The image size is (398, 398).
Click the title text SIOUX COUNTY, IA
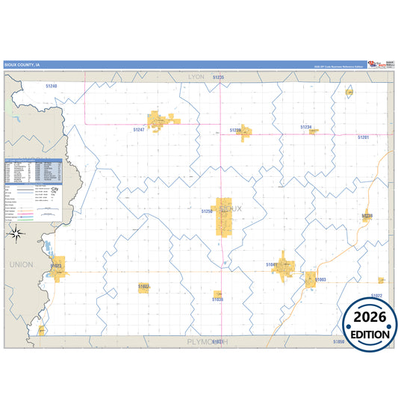pos(22,65)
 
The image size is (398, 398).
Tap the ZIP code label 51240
pos(51,87)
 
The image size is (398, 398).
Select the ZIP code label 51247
pos(139,129)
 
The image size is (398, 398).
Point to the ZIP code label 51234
pos(306,128)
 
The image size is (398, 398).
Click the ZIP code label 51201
pos(363,137)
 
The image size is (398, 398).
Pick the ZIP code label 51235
pos(218,77)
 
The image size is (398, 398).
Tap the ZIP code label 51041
pos(272,264)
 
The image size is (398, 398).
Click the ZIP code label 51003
pos(320,279)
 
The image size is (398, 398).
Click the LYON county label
pos(196,77)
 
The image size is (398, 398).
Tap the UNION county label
pos(22,264)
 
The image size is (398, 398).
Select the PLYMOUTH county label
pos(205,341)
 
